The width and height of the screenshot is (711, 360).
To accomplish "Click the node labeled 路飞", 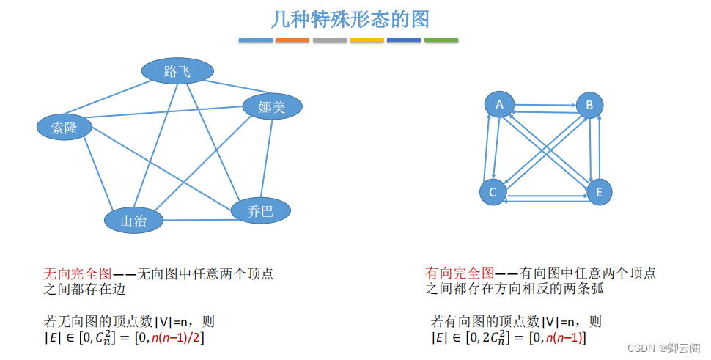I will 177,71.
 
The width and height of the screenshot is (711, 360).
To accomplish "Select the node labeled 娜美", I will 272,107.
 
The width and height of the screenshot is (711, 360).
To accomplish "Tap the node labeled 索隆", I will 65,127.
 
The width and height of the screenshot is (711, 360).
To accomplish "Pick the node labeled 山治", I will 133,221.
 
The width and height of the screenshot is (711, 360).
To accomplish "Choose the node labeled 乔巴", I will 261,211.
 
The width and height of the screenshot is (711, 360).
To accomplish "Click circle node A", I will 499,104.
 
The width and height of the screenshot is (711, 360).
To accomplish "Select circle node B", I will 589,105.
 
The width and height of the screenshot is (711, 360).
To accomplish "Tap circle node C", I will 493,192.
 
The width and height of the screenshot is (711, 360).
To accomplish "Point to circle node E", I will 599,192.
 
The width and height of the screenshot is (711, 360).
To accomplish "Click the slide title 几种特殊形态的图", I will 350,18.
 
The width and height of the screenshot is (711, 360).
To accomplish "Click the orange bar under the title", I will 292,40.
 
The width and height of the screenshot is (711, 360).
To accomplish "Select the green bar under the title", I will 441,40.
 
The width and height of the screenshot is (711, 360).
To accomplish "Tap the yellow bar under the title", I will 366,40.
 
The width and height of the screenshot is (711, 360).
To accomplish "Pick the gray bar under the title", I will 330,40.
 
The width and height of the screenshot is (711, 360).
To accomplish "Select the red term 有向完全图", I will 460,273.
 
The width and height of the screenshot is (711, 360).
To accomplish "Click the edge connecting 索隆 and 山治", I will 97,173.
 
